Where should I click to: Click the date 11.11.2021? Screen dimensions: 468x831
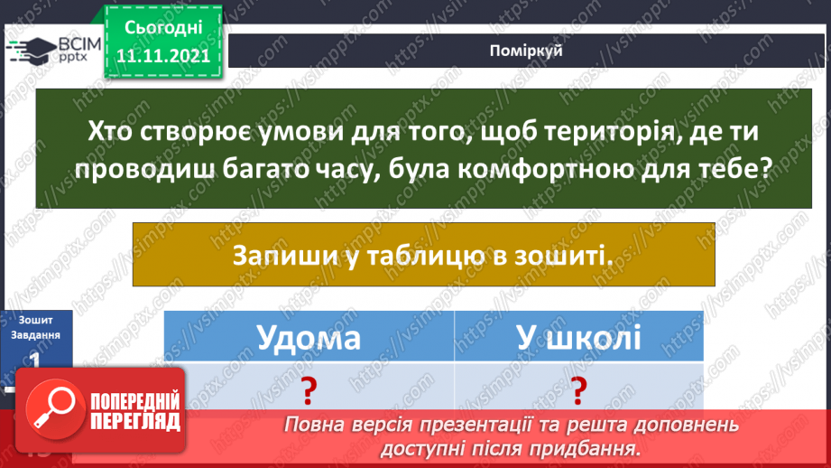tap(163, 55)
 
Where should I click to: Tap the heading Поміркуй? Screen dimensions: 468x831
tap(527, 51)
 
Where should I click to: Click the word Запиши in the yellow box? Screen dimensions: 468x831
tap(274, 256)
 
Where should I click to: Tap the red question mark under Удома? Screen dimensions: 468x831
tap(309, 389)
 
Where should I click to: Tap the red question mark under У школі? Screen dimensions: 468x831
tap(578, 389)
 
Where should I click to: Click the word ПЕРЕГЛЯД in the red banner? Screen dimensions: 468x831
tap(135, 421)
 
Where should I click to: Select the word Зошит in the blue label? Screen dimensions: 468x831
tap(34, 319)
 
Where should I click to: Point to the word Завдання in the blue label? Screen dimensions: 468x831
tap(36, 334)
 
